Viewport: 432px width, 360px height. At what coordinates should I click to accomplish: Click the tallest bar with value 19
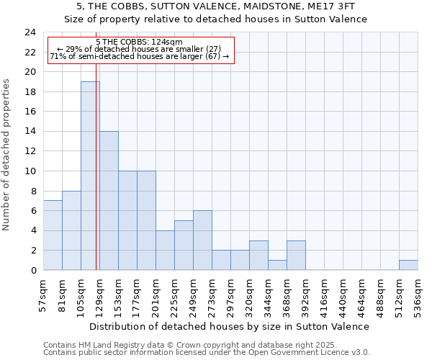(90, 176)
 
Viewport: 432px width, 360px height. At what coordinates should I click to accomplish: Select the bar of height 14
(109, 201)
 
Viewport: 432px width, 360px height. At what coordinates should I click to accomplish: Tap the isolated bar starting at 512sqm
(408, 265)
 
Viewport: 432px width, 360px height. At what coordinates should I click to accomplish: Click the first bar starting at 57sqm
(53, 235)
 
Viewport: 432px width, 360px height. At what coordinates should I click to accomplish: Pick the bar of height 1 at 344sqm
(277, 265)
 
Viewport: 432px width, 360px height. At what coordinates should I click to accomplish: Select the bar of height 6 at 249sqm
(202, 240)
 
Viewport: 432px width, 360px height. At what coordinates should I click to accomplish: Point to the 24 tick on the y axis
(30, 32)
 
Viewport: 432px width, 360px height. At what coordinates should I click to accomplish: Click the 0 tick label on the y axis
(33, 271)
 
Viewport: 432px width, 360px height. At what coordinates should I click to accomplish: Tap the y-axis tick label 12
(30, 151)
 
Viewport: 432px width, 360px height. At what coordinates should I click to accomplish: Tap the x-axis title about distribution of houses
(230, 326)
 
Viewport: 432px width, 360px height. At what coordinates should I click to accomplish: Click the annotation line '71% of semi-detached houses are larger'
(139, 56)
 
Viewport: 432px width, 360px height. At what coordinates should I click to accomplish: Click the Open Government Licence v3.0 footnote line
(206, 352)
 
